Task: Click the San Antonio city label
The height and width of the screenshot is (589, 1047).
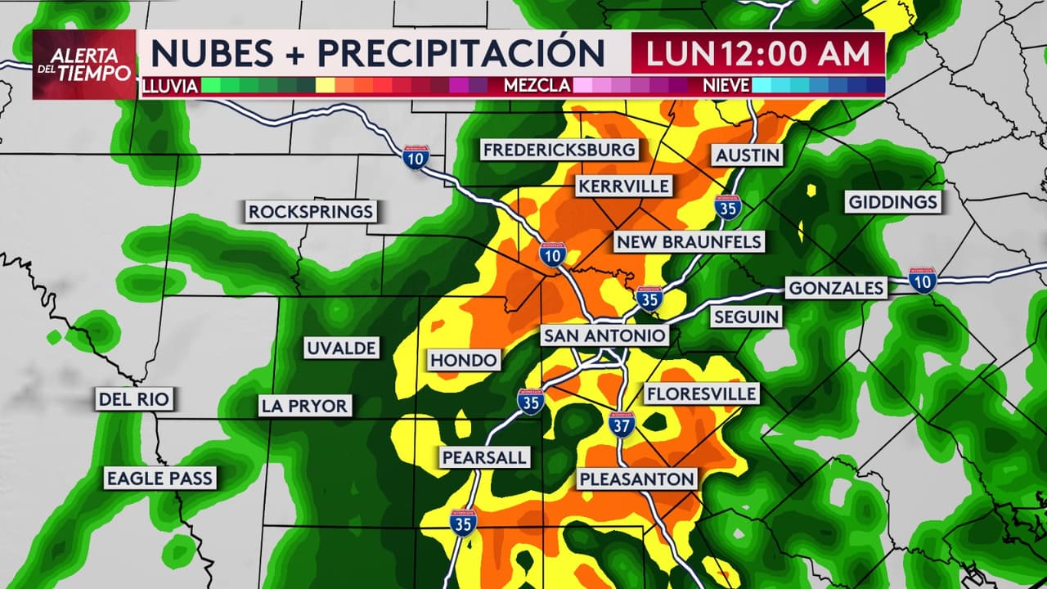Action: point(604,336)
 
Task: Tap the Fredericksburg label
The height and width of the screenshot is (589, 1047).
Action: point(559,150)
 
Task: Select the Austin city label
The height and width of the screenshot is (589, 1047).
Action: point(748,155)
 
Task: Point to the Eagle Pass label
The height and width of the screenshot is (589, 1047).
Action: point(160,479)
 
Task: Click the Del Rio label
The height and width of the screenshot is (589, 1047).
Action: point(134,399)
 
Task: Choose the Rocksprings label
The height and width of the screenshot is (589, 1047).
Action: point(311,212)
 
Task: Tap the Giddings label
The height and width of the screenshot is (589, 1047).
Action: point(893,202)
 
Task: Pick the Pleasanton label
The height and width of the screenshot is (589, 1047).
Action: point(636,479)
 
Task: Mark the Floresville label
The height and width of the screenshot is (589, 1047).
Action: point(701,393)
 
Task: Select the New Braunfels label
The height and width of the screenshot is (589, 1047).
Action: point(689,241)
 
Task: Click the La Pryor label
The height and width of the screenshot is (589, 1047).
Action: point(304,405)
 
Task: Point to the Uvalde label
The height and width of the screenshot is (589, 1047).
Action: point(341,348)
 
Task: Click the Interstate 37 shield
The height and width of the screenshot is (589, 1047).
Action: point(622,424)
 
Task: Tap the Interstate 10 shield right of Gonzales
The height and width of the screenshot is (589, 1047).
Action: point(922,280)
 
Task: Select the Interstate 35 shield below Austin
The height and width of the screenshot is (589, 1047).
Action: point(727,208)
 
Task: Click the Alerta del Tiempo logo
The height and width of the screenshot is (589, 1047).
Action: point(84,65)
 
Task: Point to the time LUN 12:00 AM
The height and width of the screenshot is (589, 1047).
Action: point(757,53)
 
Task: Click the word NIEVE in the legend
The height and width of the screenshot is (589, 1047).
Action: point(726,86)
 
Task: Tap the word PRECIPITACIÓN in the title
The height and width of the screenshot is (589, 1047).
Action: point(461,53)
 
